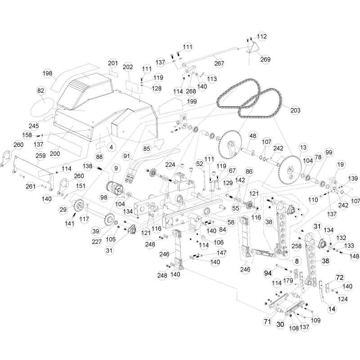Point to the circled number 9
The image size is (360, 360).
pos(116,169)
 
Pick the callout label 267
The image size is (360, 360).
pos(219,63)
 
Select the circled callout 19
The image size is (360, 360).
pos(340,165)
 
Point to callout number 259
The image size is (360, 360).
pos(41,156)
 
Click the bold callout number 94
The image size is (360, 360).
pos(268,273)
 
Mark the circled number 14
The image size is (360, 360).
pos(332,309)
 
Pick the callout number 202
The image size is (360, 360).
pos(128,67)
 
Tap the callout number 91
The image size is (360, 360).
pos(126,156)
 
